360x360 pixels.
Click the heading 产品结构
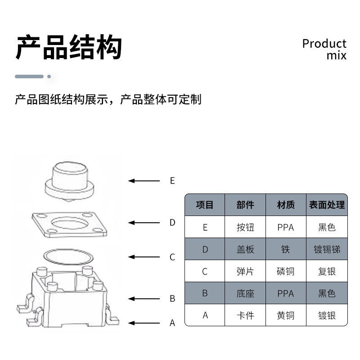point(69,47)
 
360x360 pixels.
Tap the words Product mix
point(324,49)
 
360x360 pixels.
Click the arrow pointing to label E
point(144,181)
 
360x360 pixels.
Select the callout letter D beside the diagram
point(172,222)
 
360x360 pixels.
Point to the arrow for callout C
point(144,257)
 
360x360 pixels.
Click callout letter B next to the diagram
point(172,298)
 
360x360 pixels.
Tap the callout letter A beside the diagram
point(172,323)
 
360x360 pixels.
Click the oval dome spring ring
point(68,256)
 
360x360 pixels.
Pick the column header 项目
point(205,205)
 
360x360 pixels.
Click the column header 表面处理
point(327,205)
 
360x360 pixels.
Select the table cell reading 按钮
point(245,227)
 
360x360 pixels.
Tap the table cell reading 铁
point(286,249)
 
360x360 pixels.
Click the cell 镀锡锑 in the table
point(327,249)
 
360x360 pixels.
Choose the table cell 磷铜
point(286,271)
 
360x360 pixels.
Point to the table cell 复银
point(327,271)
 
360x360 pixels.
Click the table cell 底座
point(245,293)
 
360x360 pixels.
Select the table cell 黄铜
point(286,315)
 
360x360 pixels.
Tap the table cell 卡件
point(245,315)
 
